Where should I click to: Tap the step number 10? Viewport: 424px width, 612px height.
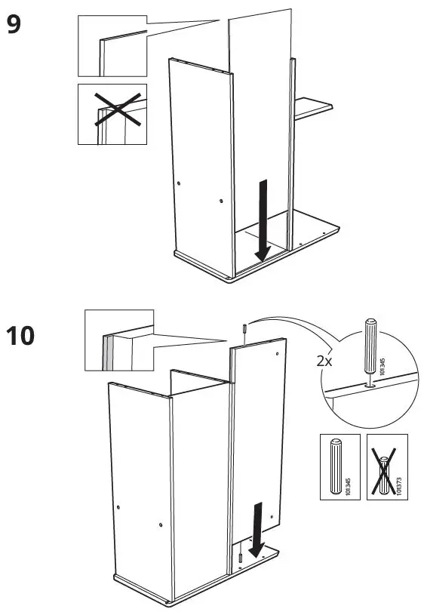22,334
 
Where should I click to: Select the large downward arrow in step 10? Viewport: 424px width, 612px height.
258,529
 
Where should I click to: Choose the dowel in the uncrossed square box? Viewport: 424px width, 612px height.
335,466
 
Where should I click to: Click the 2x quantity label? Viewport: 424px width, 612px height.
324,361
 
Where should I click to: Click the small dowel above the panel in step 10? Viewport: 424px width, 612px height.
246,329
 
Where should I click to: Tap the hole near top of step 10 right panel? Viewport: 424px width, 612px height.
277,352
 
